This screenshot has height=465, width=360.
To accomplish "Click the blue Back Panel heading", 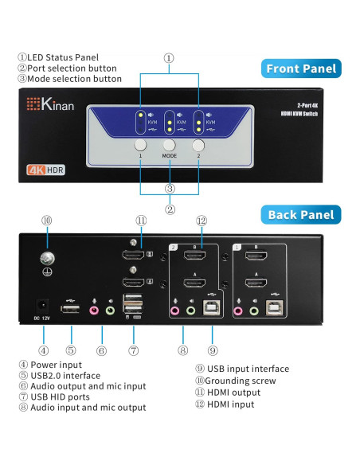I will click(x=303, y=214).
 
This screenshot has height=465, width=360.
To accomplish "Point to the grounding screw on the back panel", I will click(x=46, y=257).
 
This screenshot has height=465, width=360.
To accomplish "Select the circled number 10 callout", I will click(x=46, y=221).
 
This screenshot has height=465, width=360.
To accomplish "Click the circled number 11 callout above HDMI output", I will click(x=141, y=221).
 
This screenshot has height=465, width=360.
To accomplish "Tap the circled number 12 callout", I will click(x=201, y=221).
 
